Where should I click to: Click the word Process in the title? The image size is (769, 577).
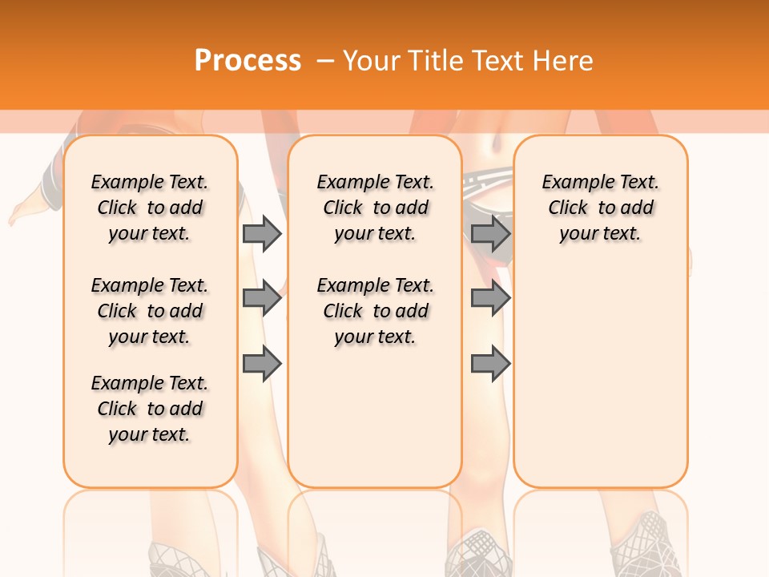pos(248,61)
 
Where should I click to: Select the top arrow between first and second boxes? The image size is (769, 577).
pos(262,233)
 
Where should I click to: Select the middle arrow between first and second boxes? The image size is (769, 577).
pos(262,298)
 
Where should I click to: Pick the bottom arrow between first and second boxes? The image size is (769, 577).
pos(262,364)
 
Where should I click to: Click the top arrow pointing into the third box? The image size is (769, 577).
pos(490,233)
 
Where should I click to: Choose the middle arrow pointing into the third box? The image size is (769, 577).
pos(490,298)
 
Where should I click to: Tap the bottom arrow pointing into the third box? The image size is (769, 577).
pos(490,364)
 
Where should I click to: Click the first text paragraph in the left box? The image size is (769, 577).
pos(150,208)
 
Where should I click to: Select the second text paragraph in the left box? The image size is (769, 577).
pos(150,311)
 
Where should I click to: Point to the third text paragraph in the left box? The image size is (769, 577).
pos(150,409)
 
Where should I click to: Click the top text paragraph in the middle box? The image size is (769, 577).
pos(375,208)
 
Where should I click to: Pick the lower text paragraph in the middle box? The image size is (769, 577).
pos(375,311)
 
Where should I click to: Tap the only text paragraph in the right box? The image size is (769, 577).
pos(600,208)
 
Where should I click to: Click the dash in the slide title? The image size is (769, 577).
pos(325,61)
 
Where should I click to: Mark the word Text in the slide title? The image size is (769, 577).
pos(495,61)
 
